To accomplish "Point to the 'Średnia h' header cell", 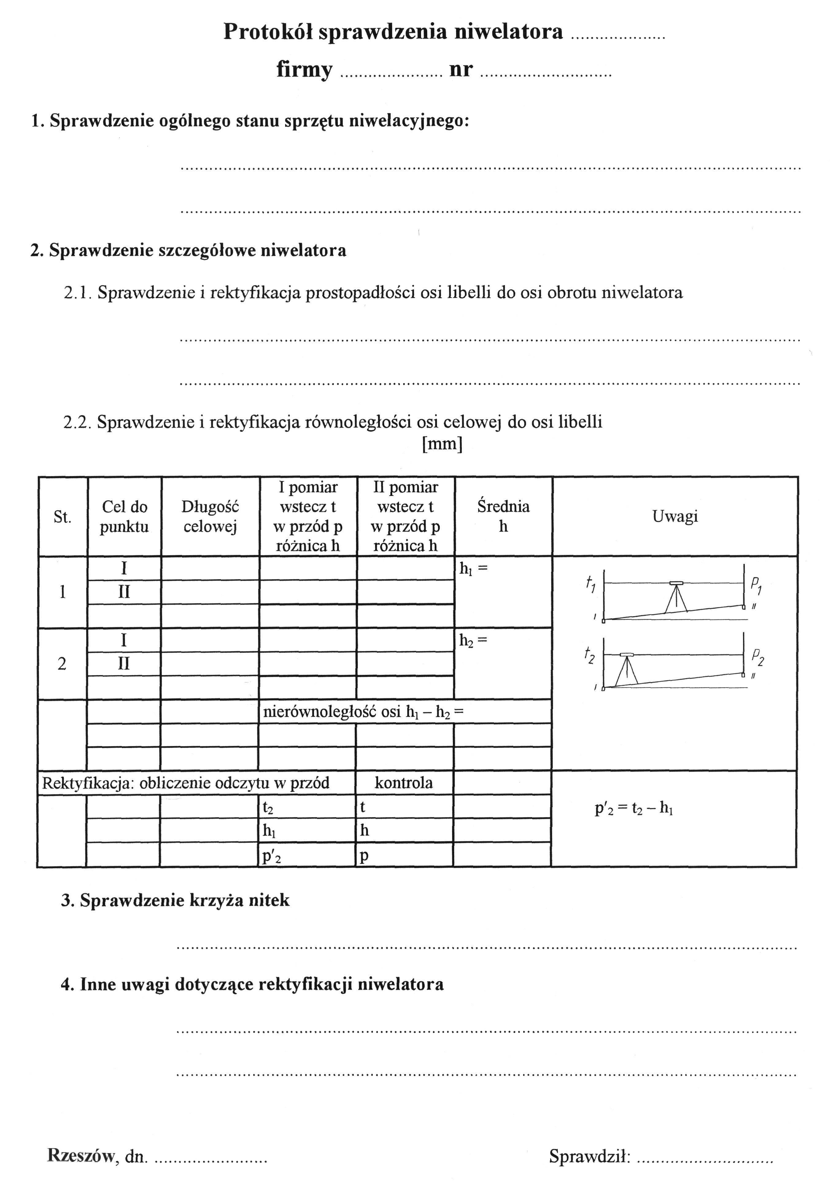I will tap(503, 516).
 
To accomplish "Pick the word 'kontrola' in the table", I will tap(404, 783).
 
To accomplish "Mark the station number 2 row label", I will tap(62, 664).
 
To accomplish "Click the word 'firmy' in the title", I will tap(304, 69).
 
